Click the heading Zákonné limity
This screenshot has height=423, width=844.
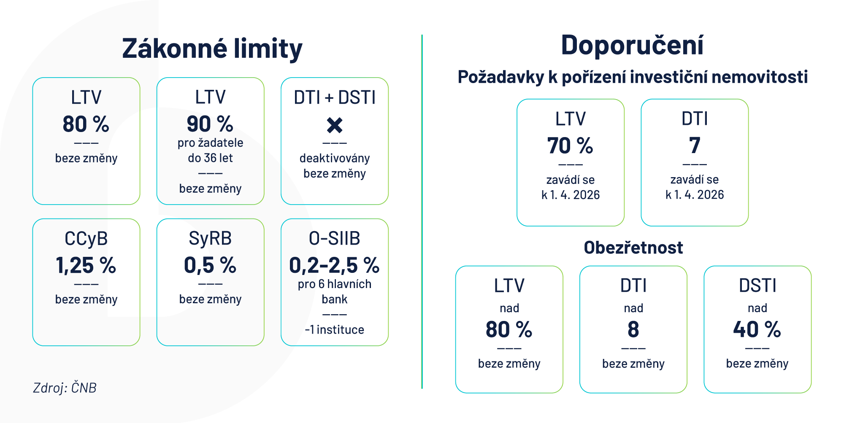tap(212, 48)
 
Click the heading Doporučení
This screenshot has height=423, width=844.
tap(632, 45)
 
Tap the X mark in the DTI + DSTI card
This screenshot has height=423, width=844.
tap(335, 125)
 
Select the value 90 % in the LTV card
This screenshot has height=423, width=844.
tap(210, 124)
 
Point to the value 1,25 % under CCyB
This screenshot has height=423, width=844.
tap(86, 265)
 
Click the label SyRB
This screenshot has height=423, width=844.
tap(210, 239)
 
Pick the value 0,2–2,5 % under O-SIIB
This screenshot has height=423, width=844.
tap(334, 265)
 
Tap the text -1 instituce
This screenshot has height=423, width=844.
tap(335, 329)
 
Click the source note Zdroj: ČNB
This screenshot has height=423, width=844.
tap(65, 388)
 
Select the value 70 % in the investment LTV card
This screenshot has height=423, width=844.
tap(570, 146)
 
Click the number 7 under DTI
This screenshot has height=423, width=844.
tap(695, 146)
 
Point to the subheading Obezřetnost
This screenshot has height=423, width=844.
tap(633, 248)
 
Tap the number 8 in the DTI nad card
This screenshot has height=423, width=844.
tap(633, 329)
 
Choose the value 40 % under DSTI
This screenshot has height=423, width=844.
tap(757, 329)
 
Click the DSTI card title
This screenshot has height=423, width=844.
tap(757, 286)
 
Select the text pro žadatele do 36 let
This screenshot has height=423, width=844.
tap(210, 150)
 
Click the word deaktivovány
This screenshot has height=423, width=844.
tap(335, 158)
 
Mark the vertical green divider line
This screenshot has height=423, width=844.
tap(422, 211)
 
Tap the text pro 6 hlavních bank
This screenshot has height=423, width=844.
tap(335, 291)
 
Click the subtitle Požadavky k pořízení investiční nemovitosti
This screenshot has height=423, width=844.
tap(633, 77)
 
